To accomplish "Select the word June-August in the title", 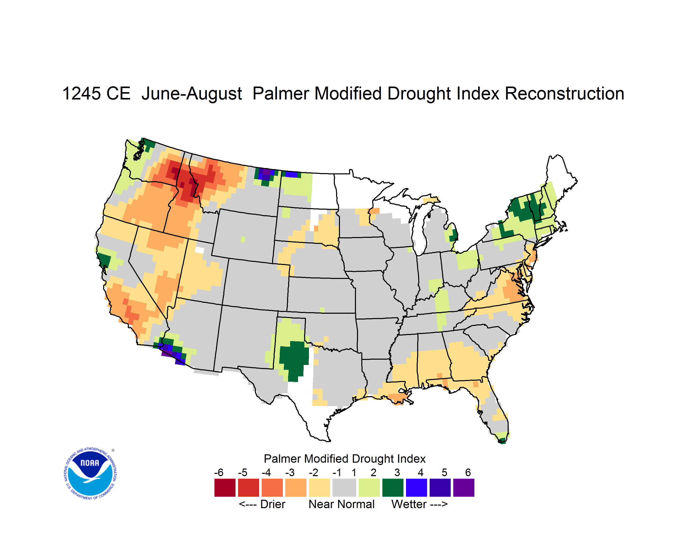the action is point(192,94).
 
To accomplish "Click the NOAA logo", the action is point(90,474).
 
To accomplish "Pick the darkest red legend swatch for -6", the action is point(225,488).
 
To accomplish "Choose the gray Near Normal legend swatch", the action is point(344,488).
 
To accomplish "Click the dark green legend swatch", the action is point(393,488).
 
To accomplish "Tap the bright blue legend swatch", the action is point(416,488).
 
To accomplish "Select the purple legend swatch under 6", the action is point(464,488).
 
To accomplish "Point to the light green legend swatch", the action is point(369,488).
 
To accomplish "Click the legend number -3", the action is point(290,472).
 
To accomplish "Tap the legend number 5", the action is point(444,472).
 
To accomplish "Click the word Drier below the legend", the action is point(273,504).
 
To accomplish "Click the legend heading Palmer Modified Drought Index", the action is point(345,459).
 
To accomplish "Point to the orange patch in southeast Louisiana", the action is point(399,399).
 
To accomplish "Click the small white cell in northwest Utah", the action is point(199,250).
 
